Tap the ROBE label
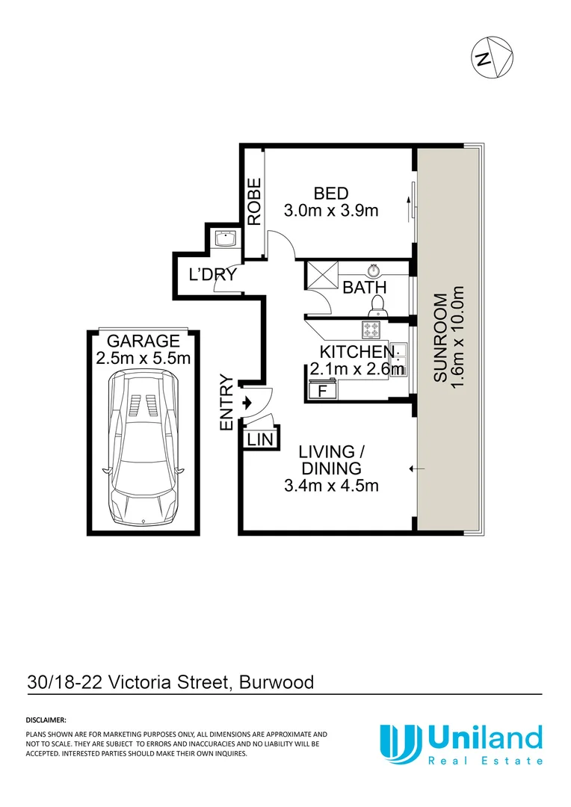click(x=255, y=202)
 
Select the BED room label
click(x=331, y=192)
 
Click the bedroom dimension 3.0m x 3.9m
click(x=331, y=211)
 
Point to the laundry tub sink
click(x=225, y=238)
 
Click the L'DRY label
click(x=212, y=275)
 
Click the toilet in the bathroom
click(x=377, y=303)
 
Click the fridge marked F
click(x=323, y=390)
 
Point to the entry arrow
click(x=248, y=402)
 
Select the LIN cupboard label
click(x=260, y=439)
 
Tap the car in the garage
click(x=143, y=448)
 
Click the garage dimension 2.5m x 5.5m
click(x=143, y=359)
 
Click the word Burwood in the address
click(x=280, y=682)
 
